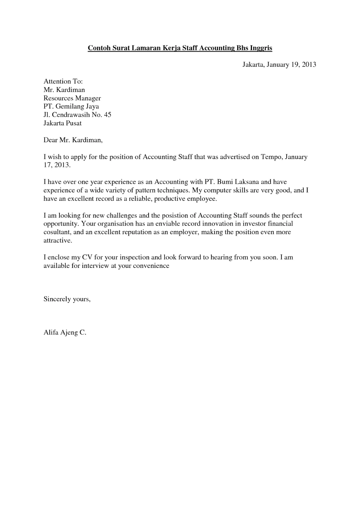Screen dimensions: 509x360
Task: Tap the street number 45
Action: click(108, 115)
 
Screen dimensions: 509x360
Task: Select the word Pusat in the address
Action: click(74, 123)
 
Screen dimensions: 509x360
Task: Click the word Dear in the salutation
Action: click(51, 140)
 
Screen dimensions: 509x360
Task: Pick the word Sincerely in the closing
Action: click(57, 299)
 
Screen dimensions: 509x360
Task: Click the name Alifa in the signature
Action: click(51, 333)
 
